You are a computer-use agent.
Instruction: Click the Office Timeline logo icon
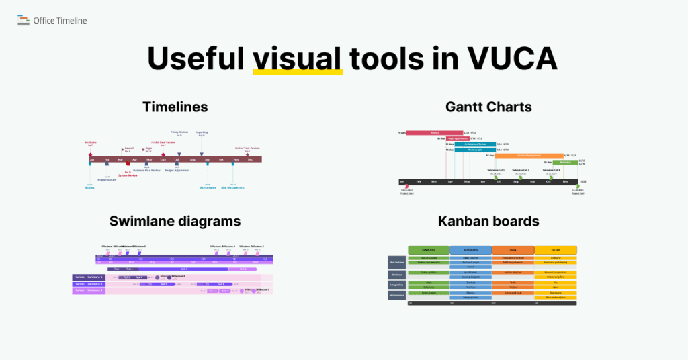(x=24, y=20)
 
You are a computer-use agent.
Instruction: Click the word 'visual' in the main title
(x=297, y=59)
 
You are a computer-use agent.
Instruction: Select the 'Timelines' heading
(x=175, y=107)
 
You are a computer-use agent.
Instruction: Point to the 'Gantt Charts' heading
(x=488, y=107)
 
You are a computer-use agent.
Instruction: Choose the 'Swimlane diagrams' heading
(x=175, y=220)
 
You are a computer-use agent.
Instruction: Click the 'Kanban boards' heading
(x=488, y=220)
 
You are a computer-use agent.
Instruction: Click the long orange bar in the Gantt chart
(x=528, y=155)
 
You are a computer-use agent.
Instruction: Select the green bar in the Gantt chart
(x=565, y=162)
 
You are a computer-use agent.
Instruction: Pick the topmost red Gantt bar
(x=435, y=133)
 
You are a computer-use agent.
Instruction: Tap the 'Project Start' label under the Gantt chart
(x=408, y=193)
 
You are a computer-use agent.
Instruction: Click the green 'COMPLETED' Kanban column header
(x=428, y=250)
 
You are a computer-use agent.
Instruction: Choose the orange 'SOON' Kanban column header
(x=513, y=250)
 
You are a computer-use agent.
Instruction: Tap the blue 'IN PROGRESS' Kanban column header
(x=470, y=250)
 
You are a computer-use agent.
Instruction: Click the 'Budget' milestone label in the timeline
(x=90, y=187)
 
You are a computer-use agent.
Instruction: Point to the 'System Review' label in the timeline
(x=128, y=175)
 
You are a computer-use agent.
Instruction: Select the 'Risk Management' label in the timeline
(x=232, y=187)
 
